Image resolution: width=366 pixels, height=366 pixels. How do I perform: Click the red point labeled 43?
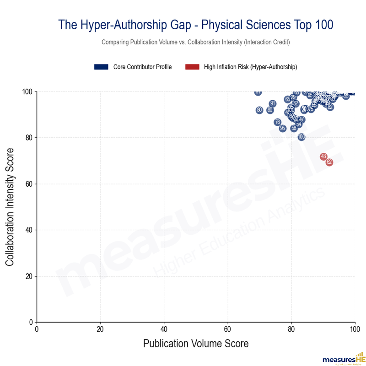coord(323,156)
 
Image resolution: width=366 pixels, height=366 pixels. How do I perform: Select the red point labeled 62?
coord(329,162)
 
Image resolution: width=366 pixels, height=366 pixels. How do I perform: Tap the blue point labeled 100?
coord(301,137)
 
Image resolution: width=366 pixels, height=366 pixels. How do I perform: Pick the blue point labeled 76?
coord(277,122)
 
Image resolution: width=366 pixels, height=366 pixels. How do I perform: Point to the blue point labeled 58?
coord(294,128)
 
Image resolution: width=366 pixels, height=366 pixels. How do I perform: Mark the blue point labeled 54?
coord(299,124)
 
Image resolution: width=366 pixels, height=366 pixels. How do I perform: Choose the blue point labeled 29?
coord(293,97)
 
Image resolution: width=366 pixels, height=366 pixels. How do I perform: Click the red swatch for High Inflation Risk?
coord(192,67)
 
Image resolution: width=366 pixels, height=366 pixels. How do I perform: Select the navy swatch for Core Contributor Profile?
coord(101,67)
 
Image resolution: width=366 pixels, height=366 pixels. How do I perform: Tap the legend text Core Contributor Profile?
coord(142,67)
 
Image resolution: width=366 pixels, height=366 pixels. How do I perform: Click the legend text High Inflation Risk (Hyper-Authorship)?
coord(250,67)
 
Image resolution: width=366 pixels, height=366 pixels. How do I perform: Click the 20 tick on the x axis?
coord(100,328)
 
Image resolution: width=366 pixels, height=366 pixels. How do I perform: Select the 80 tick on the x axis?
coord(291,328)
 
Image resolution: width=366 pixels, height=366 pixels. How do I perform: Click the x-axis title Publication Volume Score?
coord(196,344)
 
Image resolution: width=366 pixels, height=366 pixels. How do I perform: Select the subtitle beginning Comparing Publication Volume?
coord(196,42)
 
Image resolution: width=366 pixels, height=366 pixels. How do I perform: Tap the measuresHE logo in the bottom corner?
coord(344,358)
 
